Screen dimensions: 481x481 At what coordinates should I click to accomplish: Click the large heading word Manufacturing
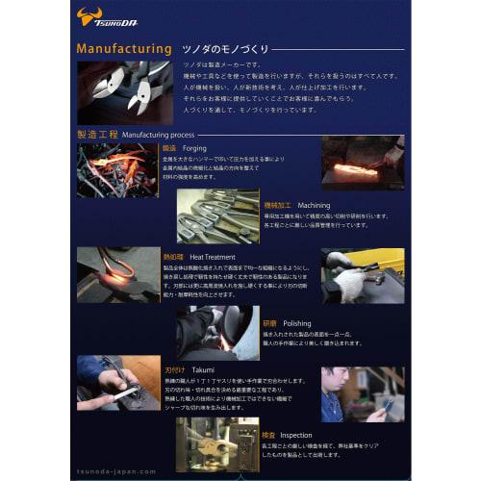pos(124,47)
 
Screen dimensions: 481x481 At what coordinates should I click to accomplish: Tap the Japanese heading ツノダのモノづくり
pos(227,48)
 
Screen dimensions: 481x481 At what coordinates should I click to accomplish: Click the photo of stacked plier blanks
pos(218,215)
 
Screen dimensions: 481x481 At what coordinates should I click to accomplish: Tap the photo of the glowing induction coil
pos(117,274)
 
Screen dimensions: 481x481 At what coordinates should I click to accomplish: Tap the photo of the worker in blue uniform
pos(362,394)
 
